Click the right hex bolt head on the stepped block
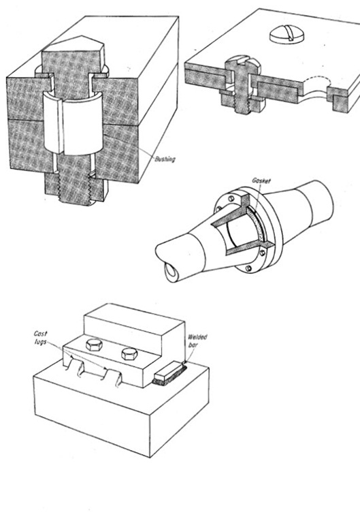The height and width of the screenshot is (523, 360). tap(129, 353)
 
